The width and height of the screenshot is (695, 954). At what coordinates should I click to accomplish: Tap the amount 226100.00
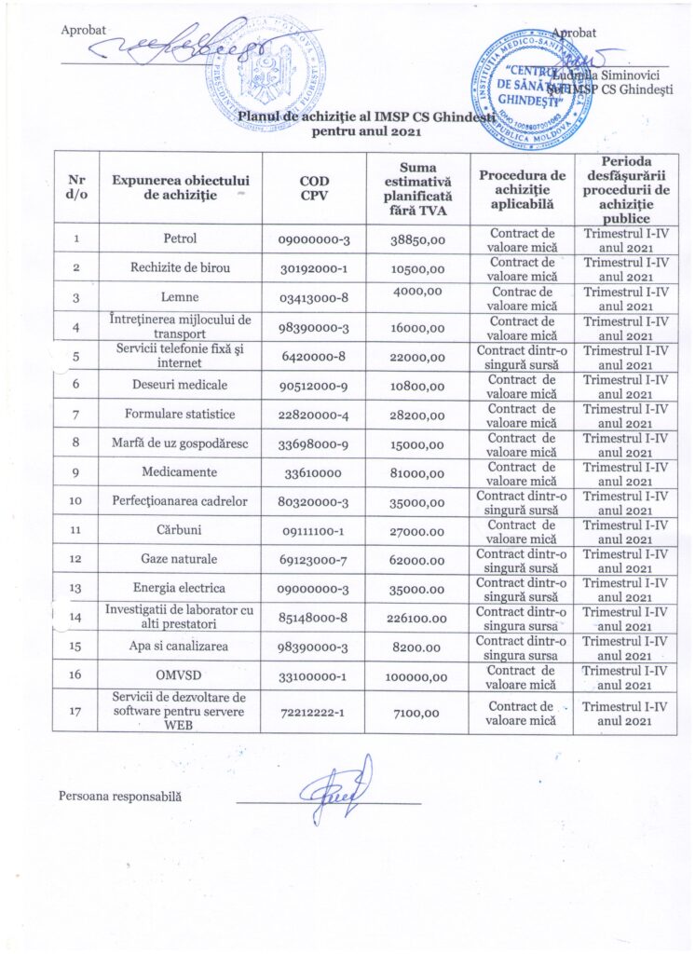point(417,617)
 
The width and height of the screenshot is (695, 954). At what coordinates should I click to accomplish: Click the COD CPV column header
point(314,187)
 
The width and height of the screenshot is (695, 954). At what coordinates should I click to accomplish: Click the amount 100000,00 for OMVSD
point(417,675)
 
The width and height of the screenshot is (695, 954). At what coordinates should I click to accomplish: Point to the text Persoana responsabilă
point(120,797)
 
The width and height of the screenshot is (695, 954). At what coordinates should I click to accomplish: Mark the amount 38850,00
point(417,238)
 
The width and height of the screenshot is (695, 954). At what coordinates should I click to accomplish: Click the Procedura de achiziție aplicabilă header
point(522,187)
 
